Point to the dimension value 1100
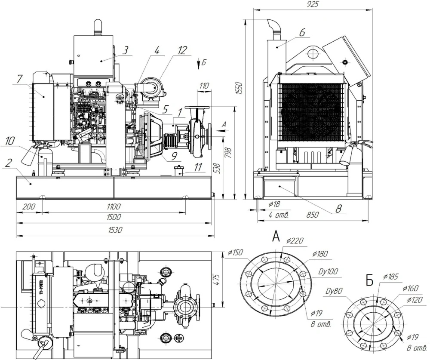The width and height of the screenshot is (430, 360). pyautogui.click(x=114, y=206)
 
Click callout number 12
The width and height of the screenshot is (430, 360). pyautogui.click(x=182, y=50)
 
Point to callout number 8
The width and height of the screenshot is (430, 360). pyautogui.click(x=338, y=209)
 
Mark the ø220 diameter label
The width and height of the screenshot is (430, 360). pyautogui.click(x=294, y=241)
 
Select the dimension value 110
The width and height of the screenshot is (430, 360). pyautogui.click(x=203, y=86)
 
